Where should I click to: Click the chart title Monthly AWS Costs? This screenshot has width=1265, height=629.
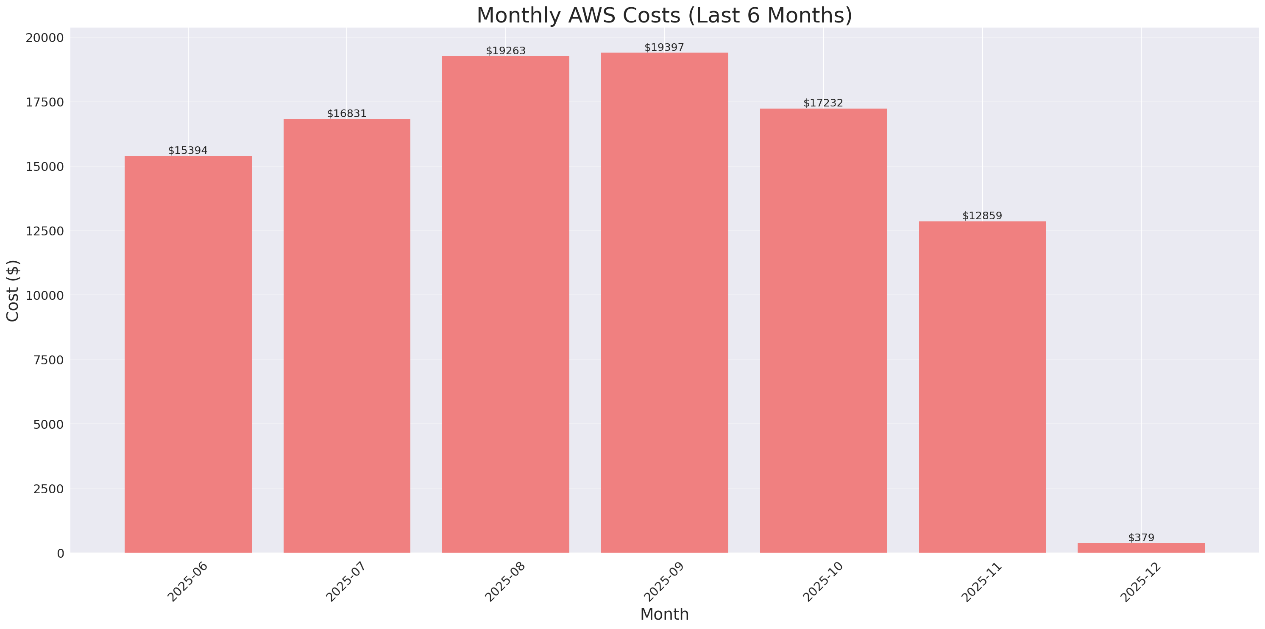(x=664, y=15)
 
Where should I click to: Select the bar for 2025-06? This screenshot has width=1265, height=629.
(x=188, y=354)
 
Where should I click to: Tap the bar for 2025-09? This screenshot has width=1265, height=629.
(x=664, y=302)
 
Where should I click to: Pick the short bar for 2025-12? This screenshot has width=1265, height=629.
(x=1141, y=548)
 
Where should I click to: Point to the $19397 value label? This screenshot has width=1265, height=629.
(x=664, y=47)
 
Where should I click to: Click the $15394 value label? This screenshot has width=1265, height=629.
(x=188, y=151)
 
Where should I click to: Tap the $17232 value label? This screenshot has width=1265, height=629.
(x=823, y=103)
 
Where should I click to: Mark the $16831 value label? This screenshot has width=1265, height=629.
(x=347, y=114)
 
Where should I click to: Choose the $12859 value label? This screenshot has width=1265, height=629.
(x=982, y=216)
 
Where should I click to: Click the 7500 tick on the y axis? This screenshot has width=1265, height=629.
(x=48, y=360)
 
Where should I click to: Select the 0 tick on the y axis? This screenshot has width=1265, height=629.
(x=60, y=554)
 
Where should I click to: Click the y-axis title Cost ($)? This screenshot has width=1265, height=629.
(x=13, y=291)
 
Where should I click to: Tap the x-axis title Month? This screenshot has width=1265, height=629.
(x=664, y=614)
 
